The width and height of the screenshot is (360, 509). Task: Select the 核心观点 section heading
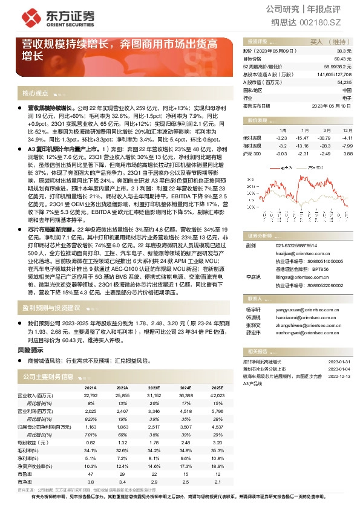35,93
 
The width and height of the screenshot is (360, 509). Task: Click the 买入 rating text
317,42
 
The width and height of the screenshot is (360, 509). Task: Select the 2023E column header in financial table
154,388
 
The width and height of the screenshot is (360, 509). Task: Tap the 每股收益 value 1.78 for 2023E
154,441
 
